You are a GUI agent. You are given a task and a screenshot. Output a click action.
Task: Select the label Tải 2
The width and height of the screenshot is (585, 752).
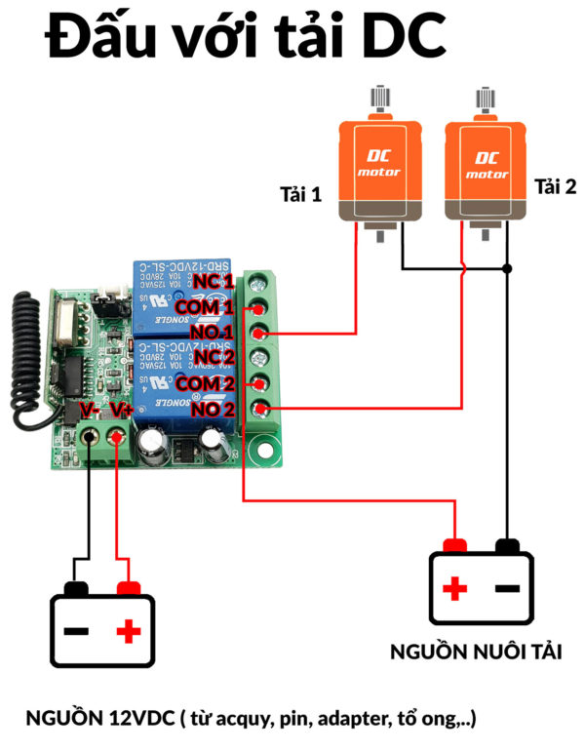[555, 186]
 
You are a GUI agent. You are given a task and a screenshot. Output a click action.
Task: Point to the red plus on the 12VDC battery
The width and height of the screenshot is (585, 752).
[127, 631]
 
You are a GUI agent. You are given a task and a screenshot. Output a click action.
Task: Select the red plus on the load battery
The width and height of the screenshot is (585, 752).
[455, 588]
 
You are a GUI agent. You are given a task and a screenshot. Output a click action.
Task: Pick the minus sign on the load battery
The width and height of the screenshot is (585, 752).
[507, 588]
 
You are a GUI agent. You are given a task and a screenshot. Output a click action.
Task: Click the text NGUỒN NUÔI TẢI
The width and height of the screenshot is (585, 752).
[475, 651]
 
